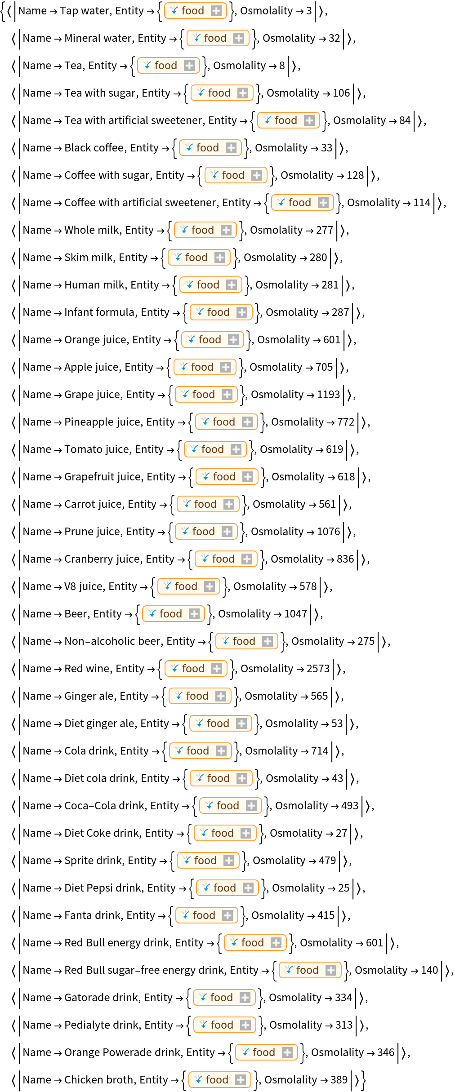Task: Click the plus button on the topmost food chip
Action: click(x=216, y=11)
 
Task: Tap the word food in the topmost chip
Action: click(x=193, y=11)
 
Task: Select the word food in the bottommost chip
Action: click(x=217, y=1079)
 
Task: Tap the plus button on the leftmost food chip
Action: click(x=189, y=66)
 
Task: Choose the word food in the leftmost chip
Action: click(x=166, y=66)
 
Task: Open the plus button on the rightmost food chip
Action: click(x=331, y=970)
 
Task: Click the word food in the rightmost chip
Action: click(x=308, y=970)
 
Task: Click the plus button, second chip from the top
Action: click(x=239, y=38)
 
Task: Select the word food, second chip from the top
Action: click(x=215, y=38)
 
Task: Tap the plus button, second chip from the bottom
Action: click(x=287, y=1052)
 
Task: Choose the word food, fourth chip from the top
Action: click(x=219, y=93)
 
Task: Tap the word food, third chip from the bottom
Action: click(x=222, y=1025)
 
